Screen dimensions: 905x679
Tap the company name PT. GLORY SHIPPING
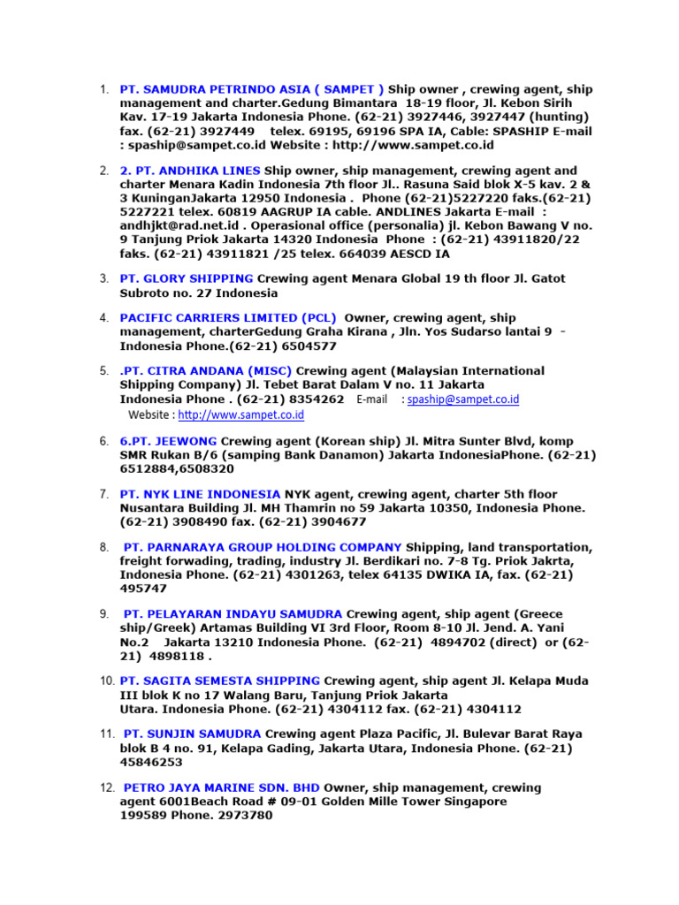click(186, 278)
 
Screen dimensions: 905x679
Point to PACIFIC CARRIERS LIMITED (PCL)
click(227, 317)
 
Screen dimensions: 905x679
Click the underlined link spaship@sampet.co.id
click(463, 399)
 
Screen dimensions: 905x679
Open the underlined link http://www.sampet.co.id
click(241, 414)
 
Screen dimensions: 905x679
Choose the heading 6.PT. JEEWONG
click(168, 441)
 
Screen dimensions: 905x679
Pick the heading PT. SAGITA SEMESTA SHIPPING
click(219, 681)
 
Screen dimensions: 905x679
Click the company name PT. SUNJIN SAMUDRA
click(192, 734)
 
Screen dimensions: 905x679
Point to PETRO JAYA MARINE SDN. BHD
click(221, 787)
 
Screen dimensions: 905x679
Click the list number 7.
click(103, 494)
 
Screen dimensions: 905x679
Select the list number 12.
click(105, 787)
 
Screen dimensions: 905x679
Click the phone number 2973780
click(241, 816)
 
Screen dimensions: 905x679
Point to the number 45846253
click(151, 762)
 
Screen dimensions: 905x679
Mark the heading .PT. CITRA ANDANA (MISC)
click(205, 370)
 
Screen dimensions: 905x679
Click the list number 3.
click(103, 278)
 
